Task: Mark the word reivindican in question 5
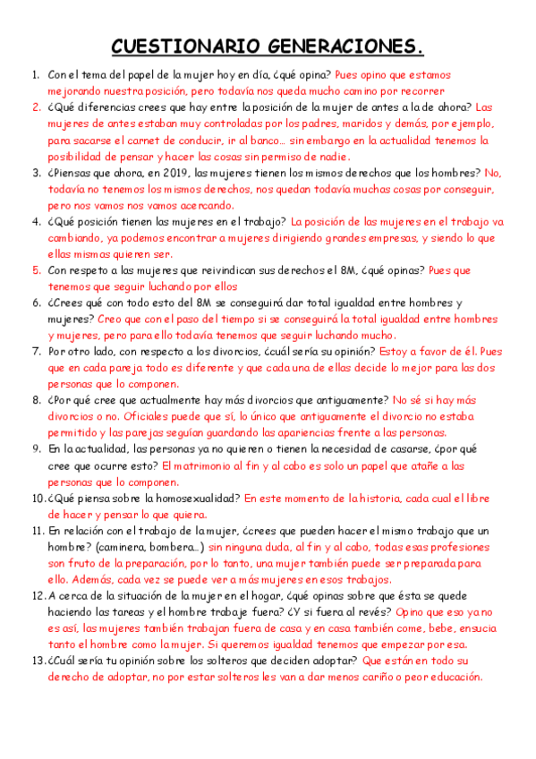point(191,269)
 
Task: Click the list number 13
point(37,661)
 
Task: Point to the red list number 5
point(37,269)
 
